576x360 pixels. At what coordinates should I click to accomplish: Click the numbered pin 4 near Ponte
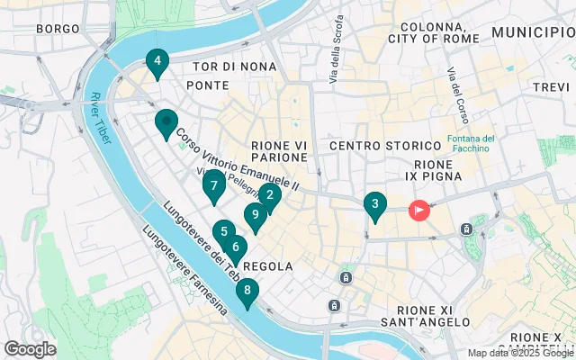tap(157, 62)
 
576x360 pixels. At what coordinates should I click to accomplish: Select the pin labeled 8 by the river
tap(247, 291)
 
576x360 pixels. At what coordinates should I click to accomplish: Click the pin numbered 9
tap(256, 214)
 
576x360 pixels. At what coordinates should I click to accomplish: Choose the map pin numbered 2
tap(270, 194)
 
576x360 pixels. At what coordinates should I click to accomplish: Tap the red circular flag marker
tap(419, 211)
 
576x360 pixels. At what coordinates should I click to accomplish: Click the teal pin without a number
tap(166, 122)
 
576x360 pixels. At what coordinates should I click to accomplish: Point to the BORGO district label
tap(58, 29)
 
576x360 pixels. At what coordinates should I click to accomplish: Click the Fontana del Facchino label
tap(472, 144)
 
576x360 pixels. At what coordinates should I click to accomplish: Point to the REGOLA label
tap(267, 266)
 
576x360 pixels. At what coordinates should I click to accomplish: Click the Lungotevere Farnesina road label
tap(184, 274)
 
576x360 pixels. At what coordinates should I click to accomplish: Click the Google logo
tap(30, 349)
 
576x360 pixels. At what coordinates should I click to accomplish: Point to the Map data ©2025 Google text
tap(520, 353)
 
